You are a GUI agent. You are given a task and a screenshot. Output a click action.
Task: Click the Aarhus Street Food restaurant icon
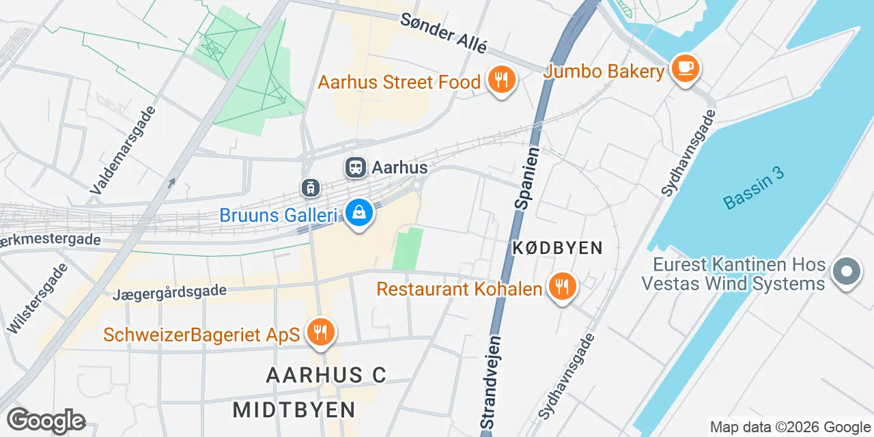(x=502, y=81)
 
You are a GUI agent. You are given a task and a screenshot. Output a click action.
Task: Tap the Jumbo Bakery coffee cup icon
(x=685, y=69)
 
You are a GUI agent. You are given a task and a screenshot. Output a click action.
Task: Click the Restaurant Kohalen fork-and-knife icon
(x=561, y=287)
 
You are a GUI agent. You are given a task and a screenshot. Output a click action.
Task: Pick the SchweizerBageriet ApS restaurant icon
(x=319, y=333)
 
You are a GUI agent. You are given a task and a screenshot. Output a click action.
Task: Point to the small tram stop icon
(x=311, y=186)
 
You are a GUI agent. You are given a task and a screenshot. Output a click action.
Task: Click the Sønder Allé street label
(x=444, y=33)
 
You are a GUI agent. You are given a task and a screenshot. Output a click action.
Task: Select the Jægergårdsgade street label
(x=170, y=292)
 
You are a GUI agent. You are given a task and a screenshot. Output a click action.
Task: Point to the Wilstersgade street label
(x=38, y=298)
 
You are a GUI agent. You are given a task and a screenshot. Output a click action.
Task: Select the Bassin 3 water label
(x=753, y=191)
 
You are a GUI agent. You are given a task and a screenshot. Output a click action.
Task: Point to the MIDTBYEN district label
(x=294, y=410)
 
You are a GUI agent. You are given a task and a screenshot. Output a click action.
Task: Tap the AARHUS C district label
(x=326, y=375)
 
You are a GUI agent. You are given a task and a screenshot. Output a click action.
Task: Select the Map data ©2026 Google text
(x=790, y=427)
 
